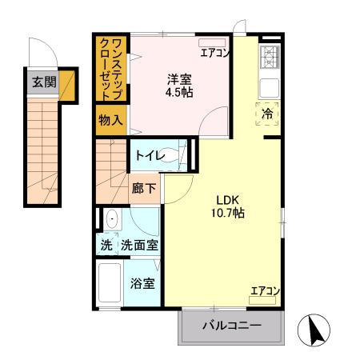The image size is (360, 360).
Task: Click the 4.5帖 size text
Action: [178, 92]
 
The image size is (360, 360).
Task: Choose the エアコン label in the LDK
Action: [263, 290]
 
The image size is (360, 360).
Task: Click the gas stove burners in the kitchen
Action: [269, 58]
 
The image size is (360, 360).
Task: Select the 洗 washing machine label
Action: [106, 245]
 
